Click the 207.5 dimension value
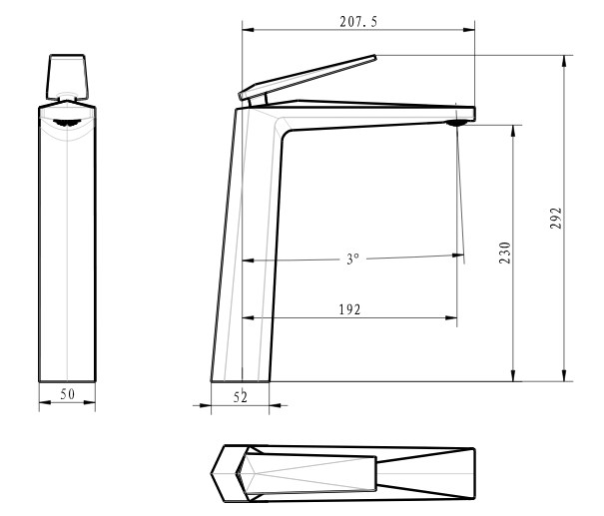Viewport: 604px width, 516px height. point(358,22)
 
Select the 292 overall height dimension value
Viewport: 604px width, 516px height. point(556,218)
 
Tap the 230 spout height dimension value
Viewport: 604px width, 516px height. point(504,253)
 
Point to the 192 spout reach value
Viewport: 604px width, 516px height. point(349,309)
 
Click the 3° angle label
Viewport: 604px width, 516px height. point(352,258)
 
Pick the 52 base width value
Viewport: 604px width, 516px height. point(241,397)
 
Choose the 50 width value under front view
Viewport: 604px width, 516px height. point(68,394)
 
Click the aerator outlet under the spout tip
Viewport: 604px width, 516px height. point(457,123)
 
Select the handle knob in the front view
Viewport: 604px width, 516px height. point(67,77)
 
